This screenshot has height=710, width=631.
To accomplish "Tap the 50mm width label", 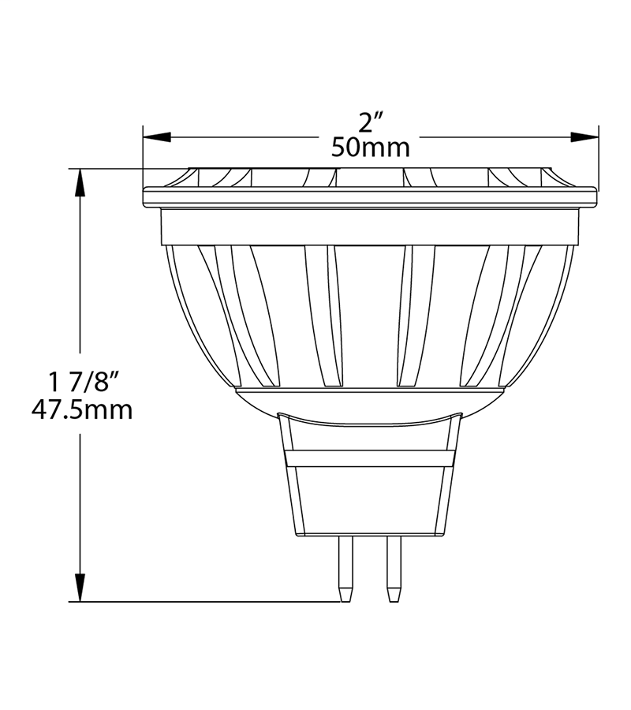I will (x=371, y=148).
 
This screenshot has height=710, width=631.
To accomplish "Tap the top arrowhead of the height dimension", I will (x=80, y=181).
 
